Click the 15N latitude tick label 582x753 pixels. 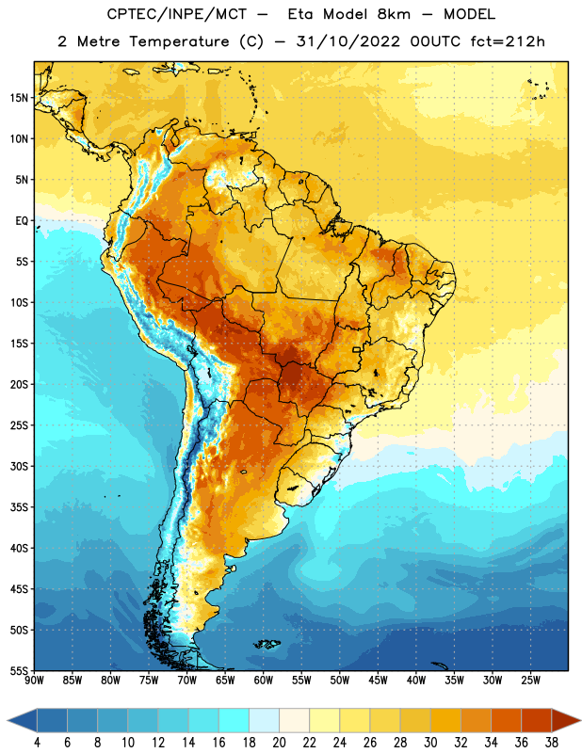point(19,98)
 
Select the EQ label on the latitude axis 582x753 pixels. point(22,221)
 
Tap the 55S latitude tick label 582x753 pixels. point(19,671)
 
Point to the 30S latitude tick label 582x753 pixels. point(19,466)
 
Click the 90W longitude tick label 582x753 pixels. point(34,681)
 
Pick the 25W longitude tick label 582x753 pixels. point(530,681)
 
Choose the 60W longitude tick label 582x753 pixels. point(264,681)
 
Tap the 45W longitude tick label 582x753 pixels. point(378,681)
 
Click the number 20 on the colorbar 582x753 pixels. point(279,742)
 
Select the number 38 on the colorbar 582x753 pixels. point(552,742)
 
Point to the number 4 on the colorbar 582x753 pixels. point(37,742)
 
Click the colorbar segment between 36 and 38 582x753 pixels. point(537,720)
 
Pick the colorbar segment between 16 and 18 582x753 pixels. point(234,720)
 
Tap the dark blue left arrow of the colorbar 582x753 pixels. point(22,720)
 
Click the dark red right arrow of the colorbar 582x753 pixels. point(566,720)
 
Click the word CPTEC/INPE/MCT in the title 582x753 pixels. point(176,14)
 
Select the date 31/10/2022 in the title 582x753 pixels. point(348,41)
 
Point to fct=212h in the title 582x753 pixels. point(508,41)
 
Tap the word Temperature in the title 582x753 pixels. point(179,41)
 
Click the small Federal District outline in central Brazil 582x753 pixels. point(357,349)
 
